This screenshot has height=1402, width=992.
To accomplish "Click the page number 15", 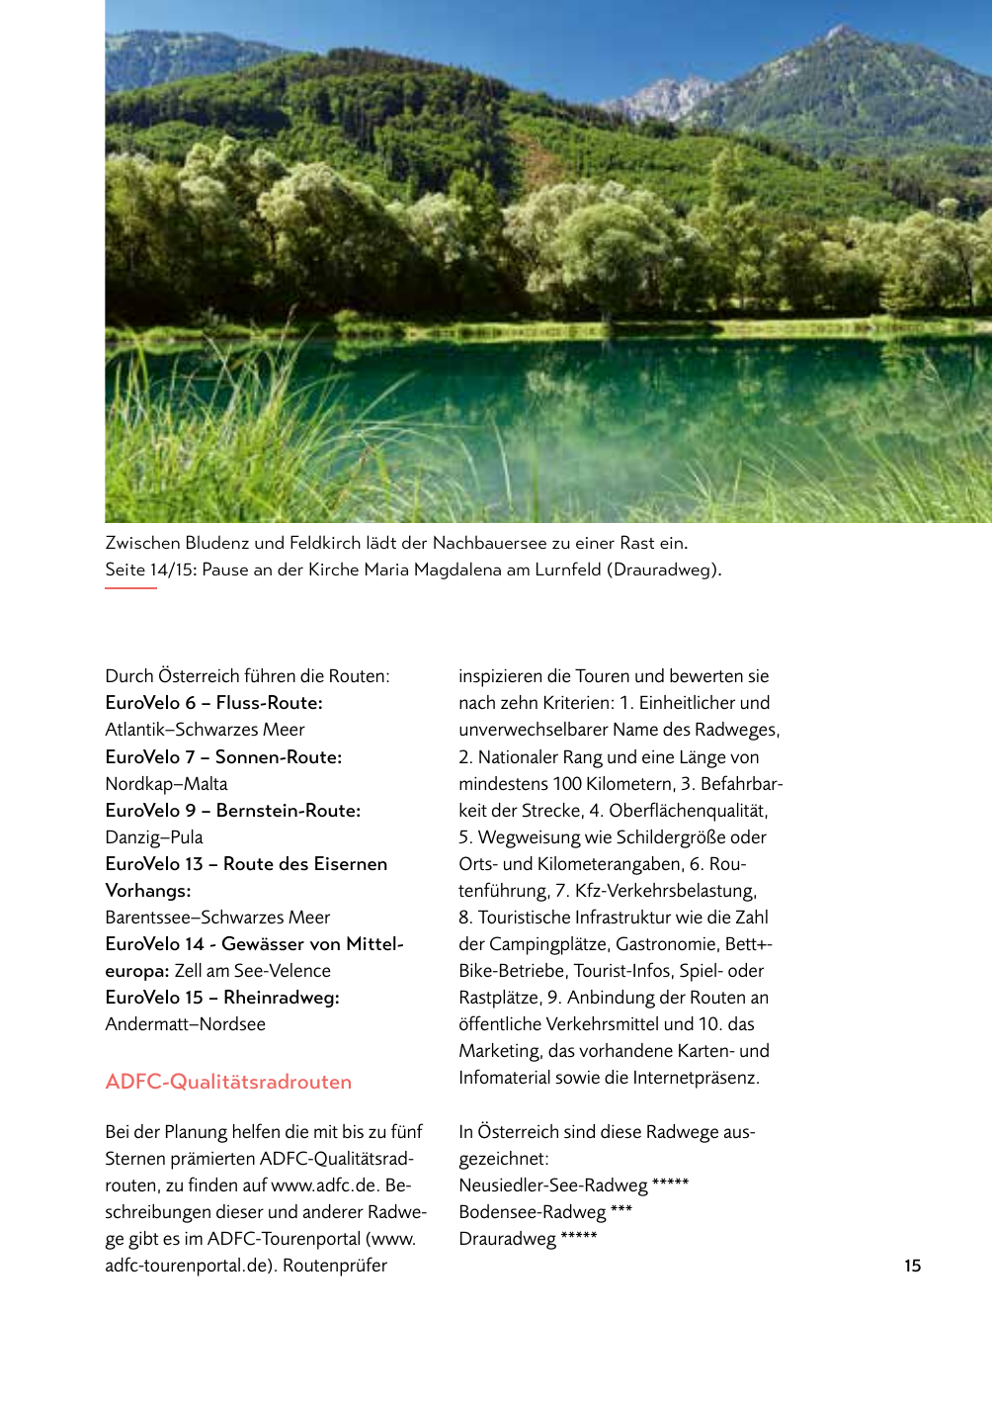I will point(912,1266).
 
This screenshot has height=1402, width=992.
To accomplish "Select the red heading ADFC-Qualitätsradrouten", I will point(228,1082).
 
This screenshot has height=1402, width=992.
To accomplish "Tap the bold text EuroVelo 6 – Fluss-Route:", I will point(213,703).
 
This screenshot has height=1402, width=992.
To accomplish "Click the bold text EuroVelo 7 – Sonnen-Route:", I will point(223,757).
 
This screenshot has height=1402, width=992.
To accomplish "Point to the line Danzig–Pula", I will point(154,837).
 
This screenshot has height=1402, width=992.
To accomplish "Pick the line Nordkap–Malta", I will point(166,784).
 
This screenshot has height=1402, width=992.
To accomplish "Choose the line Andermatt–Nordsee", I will point(185,1024).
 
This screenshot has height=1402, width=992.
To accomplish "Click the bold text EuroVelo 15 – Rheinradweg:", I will point(222,998).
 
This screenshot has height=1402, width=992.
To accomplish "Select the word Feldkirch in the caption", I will point(324,543).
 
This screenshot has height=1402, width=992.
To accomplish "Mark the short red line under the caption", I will point(130,588).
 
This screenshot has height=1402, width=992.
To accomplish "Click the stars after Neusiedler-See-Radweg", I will point(670,1183).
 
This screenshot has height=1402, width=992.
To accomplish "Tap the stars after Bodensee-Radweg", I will point(620,1209).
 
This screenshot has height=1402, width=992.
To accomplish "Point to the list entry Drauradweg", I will point(507,1239).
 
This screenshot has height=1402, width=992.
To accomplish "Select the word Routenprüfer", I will point(335,1266).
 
